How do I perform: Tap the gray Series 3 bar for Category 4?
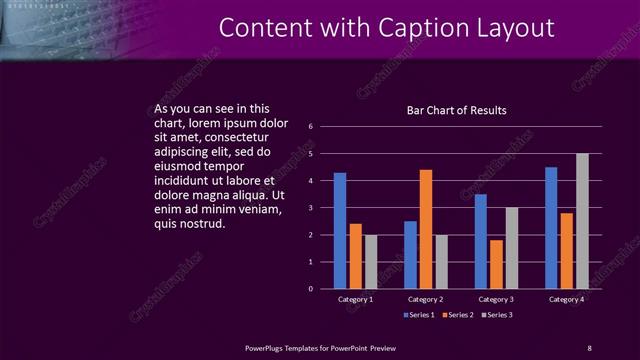point(582,221)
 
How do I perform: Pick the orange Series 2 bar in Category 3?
point(496,264)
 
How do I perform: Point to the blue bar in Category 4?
point(551,228)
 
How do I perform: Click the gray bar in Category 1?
point(371,262)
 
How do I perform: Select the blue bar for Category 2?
point(410,255)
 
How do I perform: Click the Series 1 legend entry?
point(419,316)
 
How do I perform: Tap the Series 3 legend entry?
point(498,316)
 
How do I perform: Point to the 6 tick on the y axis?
point(311,127)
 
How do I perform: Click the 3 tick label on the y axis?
point(311,208)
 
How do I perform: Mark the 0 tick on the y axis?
point(311,289)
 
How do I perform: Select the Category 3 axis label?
point(496,299)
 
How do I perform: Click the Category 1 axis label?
point(356,299)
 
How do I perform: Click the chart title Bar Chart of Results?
point(456,109)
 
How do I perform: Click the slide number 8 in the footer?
point(589,347)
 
